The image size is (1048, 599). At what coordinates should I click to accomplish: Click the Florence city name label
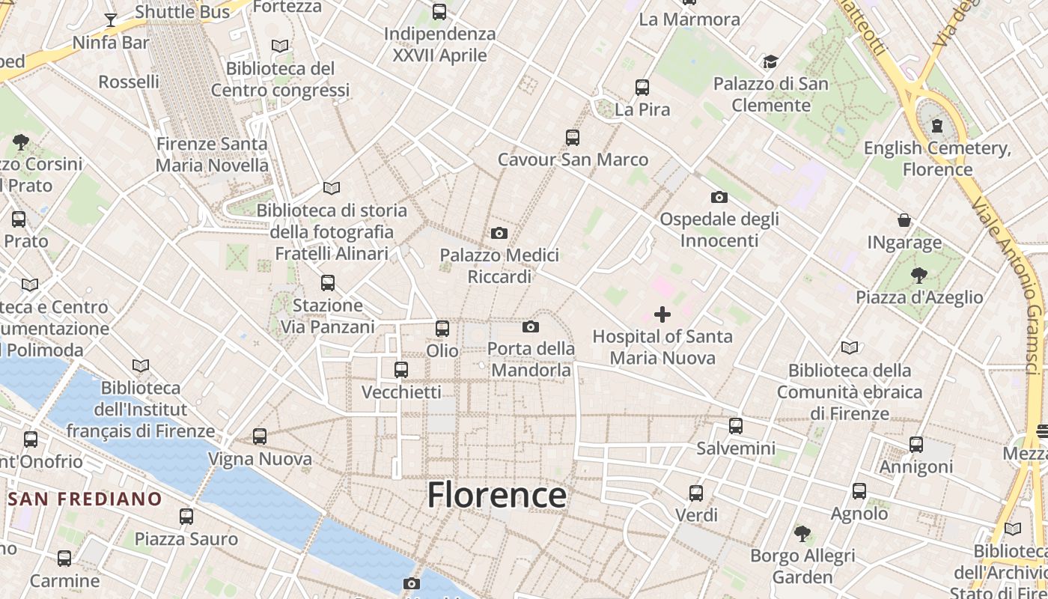[x=496, y=495]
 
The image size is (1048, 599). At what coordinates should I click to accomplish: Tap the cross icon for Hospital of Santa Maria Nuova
[x=662, y=314]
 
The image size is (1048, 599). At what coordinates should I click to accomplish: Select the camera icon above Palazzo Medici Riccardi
[x=499, y=234]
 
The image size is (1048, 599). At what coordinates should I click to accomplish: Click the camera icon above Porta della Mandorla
[x=531, y=326]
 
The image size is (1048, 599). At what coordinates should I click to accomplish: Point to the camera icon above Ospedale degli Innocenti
[x=719, y=198]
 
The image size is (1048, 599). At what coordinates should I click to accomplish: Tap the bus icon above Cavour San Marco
[x=573, y=138]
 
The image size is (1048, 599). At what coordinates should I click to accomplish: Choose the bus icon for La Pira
[x=642, y=88]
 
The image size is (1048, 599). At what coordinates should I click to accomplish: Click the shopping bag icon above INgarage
[x=904, y=220]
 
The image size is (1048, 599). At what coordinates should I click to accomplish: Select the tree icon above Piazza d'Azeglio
[x=919, y=275]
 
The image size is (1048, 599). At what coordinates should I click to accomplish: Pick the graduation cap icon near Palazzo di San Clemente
[x=770, y=61]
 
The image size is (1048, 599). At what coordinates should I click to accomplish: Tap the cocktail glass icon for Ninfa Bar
[x=111, y=20]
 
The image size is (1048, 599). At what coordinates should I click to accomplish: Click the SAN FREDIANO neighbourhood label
[x=85, y=499]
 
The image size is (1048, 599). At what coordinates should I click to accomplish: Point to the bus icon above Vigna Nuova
[x=260, y=437]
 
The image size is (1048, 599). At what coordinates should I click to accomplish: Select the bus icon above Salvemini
[x=736, y=426]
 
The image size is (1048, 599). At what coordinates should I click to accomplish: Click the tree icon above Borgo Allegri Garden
[x=802, y=534]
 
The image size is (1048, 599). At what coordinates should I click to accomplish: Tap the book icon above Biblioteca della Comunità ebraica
[x=849, y=348]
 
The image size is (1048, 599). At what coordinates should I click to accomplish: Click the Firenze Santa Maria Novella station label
[x=212, y=154]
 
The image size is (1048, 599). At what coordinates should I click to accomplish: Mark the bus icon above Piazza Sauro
[x=186, y=516]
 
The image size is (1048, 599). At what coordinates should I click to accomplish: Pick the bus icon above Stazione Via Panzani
[x=328, y=283]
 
